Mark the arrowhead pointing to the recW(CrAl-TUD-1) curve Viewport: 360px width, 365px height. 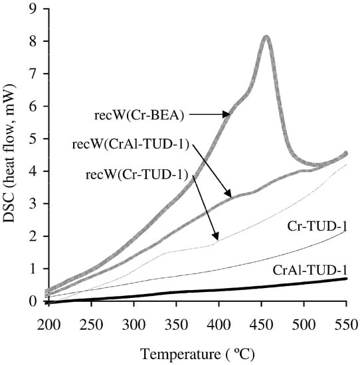pyautogui.click(x=231, y=196)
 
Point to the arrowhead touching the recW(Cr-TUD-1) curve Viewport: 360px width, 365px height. pyautogui.click(x=216, y=238)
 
